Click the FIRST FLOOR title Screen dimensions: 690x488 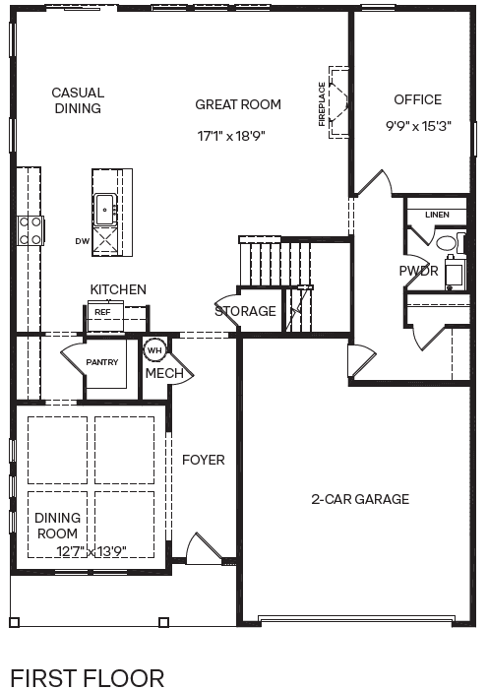pyautogui.click(x=87, y=678)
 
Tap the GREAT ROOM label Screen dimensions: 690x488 pyautogui.click(x=238, y=104)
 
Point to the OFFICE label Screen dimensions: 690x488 pyautogui.click(x=418, y=99)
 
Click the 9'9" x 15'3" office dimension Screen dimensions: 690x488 pyautogui.click(x=418, y=126)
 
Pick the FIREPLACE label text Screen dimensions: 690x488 pyautogui.click(x=322, y=104)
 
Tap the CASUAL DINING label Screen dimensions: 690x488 pyautogui.click(x=78, y=100)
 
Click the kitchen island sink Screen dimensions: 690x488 pyautogui.click(x=104, y=209)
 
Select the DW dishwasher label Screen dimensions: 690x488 pyautogui.click(x=82, y=240)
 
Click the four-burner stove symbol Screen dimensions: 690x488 pyautogui.click(x=30, y=229)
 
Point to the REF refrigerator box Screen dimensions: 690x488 pyautogui.click(x=102, y=312)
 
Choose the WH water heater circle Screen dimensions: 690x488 pyautogui.click(x=154, y=349)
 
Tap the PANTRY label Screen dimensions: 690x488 pyautogui.click(x=102, y=362)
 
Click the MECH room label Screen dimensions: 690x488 pyautogui.click(x=164, y=374)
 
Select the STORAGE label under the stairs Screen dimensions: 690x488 pyautogui.click(x=246, y=311)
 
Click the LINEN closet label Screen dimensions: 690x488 pyautogui.click(x=437, y=215)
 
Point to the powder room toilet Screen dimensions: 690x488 pyautogui.click(x=448, y=242)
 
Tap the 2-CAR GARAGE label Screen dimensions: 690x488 pyautogui.click(x=360, y=499)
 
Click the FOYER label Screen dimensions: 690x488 pyautogui.click(x=203, y=460)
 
